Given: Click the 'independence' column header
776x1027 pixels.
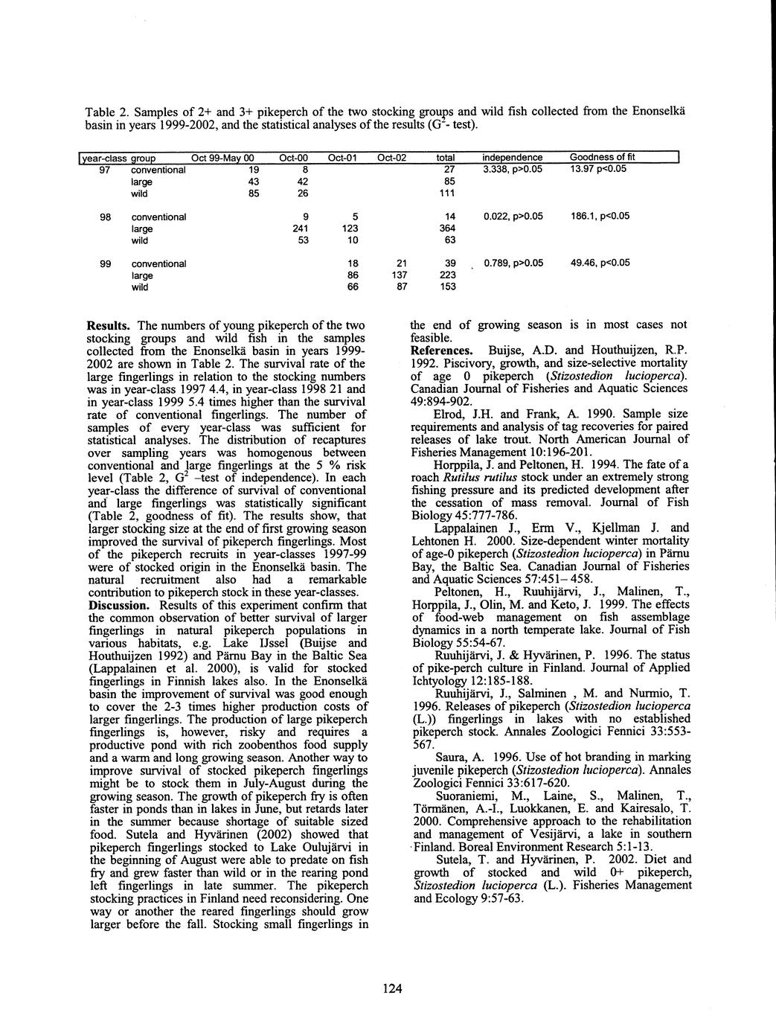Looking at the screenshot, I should [513, 158].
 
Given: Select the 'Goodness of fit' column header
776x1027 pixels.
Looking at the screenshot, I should [602, 158].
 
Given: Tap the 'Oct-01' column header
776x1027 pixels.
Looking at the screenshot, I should [343, 158].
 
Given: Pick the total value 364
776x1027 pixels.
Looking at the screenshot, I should [449, 228].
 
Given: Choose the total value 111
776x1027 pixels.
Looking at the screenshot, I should [449, 193].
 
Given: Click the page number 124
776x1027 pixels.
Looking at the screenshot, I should [392, 988].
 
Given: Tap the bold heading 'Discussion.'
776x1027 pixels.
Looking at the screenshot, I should [120, 604].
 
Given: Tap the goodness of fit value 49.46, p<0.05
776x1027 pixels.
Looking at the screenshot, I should [600, 263].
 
